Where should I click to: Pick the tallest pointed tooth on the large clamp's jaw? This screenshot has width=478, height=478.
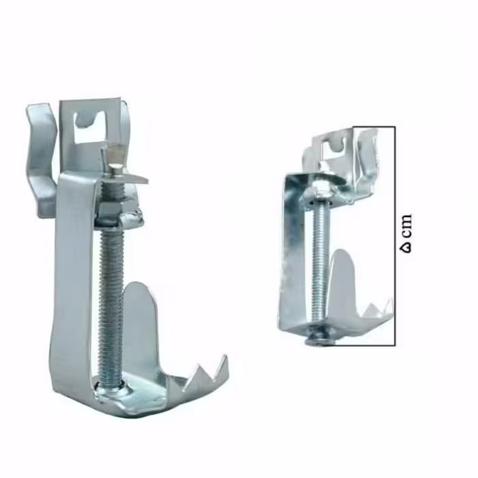pyautogui.click(x=222, y=366)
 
